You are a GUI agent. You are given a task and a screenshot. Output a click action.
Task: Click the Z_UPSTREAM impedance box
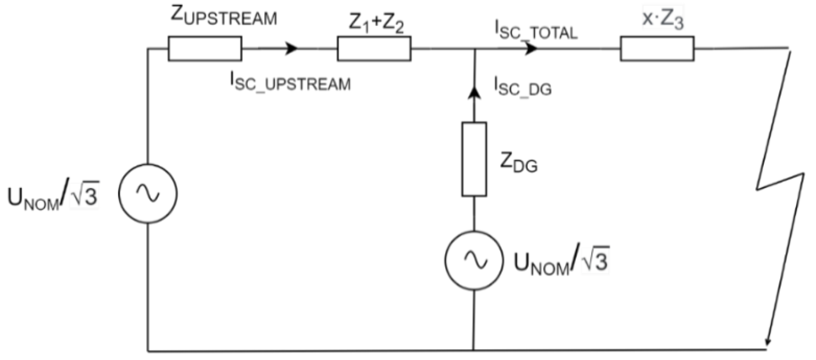pyautogui.click(x=205, y=49)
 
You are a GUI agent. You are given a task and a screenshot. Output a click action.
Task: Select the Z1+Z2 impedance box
pyautogui.click(x=374, y=49)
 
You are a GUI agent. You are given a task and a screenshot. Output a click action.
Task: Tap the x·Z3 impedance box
pyautogui.click(x=657, y=49)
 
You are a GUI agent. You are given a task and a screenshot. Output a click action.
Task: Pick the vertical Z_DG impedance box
pyautogui.click(x=474, y=159)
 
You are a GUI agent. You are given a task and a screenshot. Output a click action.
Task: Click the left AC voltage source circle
pyautogui.click(x=148, y=193)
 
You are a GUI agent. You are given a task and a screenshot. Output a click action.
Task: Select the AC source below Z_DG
pyautogui.click(x=474, y=260)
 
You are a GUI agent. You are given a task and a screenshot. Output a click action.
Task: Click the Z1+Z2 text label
pyautogui.click(x=376, y=24)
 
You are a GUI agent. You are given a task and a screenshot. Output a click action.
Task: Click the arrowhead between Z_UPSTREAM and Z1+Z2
pyautogui.click(x=292, y=49)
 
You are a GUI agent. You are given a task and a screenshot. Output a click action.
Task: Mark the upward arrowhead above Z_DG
pyautogui.click(x=475, y=92)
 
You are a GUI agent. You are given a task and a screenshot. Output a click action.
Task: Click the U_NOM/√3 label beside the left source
pyautogui.click(x=53, y=196)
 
